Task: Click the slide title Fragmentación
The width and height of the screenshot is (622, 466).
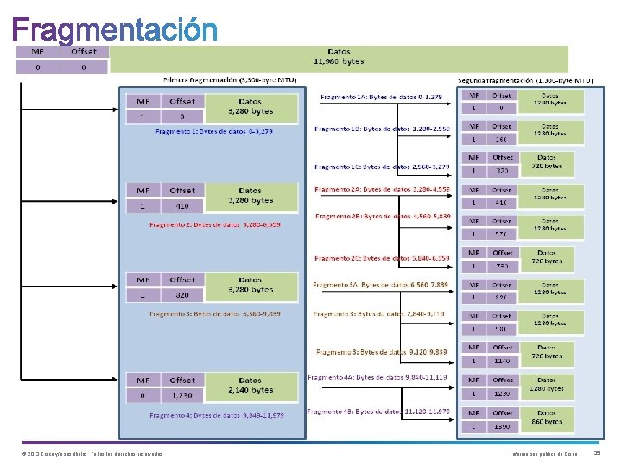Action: (115, 31)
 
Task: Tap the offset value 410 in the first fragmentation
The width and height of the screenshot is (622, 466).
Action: (182, 205)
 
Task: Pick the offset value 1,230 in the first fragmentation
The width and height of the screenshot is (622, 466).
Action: (182, 394)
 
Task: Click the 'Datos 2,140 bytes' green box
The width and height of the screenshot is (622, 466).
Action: (250, 385)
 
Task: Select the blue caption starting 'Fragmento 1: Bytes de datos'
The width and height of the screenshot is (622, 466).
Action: (213, 131)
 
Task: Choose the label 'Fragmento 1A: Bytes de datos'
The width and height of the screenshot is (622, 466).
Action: (381, 97)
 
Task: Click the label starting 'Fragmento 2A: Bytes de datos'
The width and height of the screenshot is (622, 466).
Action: (381, 189)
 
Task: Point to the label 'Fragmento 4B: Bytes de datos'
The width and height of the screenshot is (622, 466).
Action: (381, 412)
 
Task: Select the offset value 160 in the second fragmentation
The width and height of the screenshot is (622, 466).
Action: (502, 138)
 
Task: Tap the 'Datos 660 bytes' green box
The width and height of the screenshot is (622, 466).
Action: (548, 417)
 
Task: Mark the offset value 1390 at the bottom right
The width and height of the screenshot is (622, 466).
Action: (502, 426)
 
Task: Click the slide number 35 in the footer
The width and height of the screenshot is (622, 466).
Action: (598, 453)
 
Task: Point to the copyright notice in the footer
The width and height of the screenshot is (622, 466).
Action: (91, 454)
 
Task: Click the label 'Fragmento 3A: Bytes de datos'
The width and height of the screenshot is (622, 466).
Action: (379, 284)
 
